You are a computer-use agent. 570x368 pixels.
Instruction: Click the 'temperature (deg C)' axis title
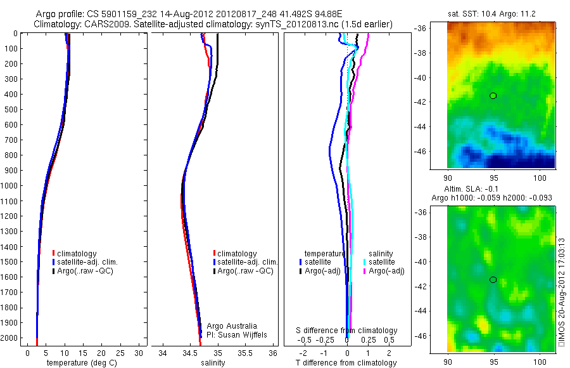tap(80, 363)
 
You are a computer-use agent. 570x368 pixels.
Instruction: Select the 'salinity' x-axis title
tap(213, 363)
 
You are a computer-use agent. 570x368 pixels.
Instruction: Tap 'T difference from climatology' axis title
tap(346, 363)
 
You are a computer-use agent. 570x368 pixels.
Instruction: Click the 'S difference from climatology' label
tap(347, 331)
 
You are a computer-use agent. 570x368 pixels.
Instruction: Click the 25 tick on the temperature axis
tap(120, 353)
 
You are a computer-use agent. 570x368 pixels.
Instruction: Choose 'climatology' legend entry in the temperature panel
tap(76, 254)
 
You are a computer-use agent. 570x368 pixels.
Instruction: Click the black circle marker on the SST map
tap(493, 96)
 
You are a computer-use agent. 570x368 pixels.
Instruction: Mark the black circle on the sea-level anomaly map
tap(493, 280)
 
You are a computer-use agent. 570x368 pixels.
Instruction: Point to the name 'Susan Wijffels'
tap(238, 334)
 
